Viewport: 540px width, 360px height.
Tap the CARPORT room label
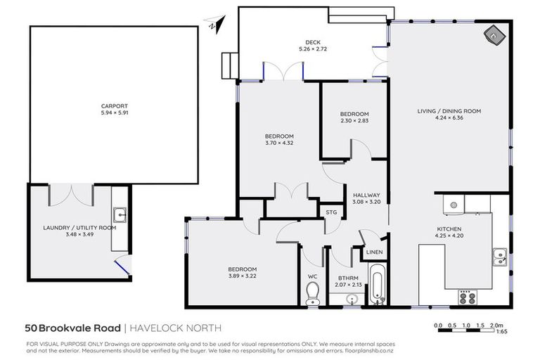point(115,106)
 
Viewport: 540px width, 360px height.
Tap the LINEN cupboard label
point(374,252)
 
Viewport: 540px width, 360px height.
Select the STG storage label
point(330,211)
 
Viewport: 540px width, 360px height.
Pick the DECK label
point(303,42)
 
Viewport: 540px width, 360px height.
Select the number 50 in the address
point(32,328)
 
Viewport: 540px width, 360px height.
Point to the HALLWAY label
point(366,195)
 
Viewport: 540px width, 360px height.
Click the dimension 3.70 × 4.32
point(279,143)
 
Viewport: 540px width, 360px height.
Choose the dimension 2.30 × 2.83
point(354,121)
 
